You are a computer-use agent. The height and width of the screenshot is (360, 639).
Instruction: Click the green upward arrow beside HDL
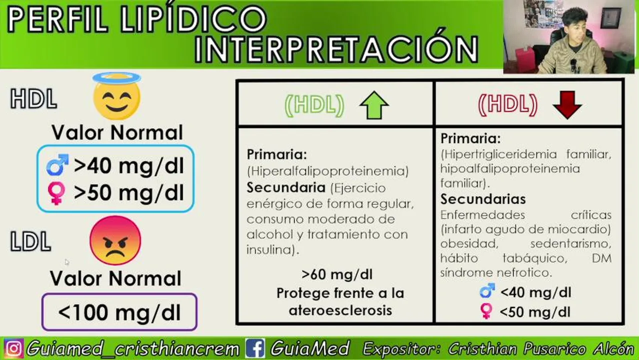pyautogui.click(x=374, y=105)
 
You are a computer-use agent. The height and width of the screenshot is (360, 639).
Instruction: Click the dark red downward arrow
pyautogui.click(x=567, y=104)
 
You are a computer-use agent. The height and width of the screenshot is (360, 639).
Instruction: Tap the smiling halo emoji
pyautogui.click(x=116, y=96)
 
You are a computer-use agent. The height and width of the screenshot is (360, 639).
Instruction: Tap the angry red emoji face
pyautogui.click(x=115, y=240)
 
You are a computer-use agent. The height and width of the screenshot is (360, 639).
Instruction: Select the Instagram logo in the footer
pyautogui.click(x=13, y=348)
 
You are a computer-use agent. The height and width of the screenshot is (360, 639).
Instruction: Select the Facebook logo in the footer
pyautogui.click(x=255, y=348)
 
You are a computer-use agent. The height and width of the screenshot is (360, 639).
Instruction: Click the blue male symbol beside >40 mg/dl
pyautogui.click(x=57, y=165)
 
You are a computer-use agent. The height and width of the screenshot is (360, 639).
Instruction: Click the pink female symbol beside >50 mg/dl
pyautogui.click(x=56, y=192)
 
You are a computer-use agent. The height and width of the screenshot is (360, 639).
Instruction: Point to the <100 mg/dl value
pyautogui.click(x=119, y=312)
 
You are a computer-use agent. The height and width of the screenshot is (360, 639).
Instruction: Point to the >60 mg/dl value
pyautogui.click(x=337, y=274)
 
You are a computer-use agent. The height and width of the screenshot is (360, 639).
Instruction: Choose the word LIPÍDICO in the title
pyautogui.click(x=193, y=19)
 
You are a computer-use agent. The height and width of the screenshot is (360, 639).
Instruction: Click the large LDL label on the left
pyautogui.click(x=30, y=241)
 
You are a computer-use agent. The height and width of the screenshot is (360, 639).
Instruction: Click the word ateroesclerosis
pyautogui.click(x=340, y=310)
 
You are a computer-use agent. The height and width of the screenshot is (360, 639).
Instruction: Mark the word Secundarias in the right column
pyautogui.click(x=483, y=199)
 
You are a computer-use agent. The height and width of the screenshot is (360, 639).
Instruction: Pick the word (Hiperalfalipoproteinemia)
pyautogui.click(x=328, y=171)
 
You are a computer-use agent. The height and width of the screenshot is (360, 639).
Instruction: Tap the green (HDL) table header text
pyautogui.click(x=314, y=105)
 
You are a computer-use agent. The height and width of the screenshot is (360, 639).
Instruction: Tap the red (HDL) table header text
pyautogui.click(x=508, y=104)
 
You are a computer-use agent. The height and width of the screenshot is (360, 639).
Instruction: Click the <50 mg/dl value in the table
pyautogui.click(x=535, y=312)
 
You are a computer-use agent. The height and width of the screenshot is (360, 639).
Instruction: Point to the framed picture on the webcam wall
pyautogui.click(x=610, y=17)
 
